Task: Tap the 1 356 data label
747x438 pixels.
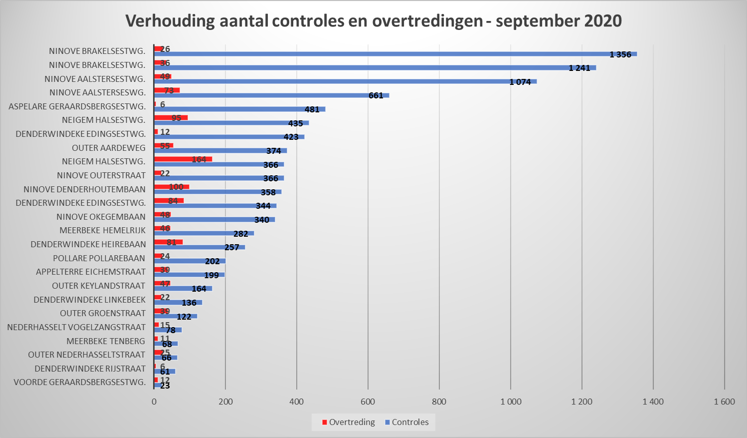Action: coord(620,54)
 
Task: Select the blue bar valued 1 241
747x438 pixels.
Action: coord(374,68)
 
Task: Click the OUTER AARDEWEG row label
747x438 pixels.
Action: coord(109,148)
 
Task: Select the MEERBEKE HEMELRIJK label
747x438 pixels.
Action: coord(103,230)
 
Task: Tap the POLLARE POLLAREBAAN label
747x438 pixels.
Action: coord(99,258)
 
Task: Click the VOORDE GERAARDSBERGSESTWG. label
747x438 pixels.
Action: coord(80,382)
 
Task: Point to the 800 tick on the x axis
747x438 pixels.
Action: coord(439,402)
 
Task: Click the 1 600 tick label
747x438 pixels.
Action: coord(724,402)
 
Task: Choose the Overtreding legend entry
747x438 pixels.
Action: coord(349,422)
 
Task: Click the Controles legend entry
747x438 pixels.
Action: coord(406,422)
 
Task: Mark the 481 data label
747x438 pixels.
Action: coord(312,109)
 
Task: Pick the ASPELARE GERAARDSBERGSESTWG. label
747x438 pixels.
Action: coord(77,106)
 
